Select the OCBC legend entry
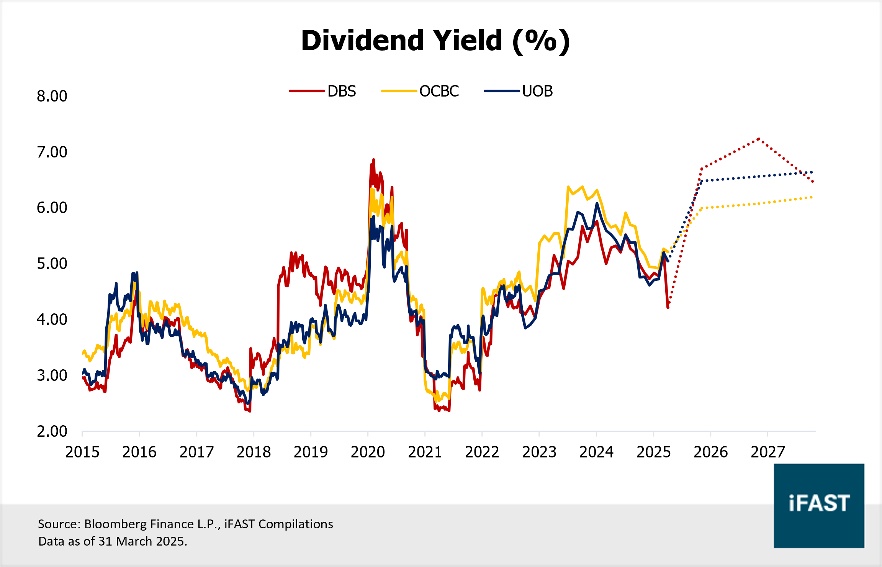tap(421, 91)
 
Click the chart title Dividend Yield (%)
tap(435, 41)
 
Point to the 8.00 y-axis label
tap(52, 96)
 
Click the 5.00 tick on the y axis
tap(52, 264)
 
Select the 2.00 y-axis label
tap(52, 431)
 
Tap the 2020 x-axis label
tap(368, 452)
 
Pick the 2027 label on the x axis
tap(767, 452)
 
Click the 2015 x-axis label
tap(82, 452)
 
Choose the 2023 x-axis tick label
tap(539, 452)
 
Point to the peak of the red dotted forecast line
tap(759, 139)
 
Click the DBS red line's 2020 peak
tap(373, 160)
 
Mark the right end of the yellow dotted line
tap(812, 197)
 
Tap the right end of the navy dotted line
tap(812, 172)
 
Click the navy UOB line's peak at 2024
tap(597, 203)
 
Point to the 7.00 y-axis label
tap(52, 152)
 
